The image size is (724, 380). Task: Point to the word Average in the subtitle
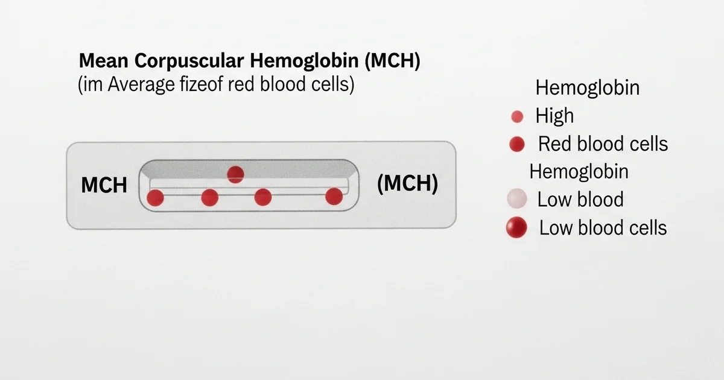click(141, 85)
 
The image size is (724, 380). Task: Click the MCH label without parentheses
click(104, 185)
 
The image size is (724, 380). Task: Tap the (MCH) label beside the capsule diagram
click(407, 183)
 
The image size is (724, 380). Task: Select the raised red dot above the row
click(235, 175)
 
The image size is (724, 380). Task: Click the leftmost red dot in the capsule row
click(156, 197)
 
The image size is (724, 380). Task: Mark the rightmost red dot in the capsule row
click(334, 196)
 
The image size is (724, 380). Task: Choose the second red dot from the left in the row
click(209, 197)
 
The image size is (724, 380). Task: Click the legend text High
click(554, 116)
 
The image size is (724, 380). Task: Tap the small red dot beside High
click(516, 117)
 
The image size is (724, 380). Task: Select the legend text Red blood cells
click(603, 144)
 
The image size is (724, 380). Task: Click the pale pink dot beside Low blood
click(516, 198)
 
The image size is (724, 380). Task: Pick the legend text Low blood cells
click(603, 227)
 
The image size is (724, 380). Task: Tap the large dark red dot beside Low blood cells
click(516, 227)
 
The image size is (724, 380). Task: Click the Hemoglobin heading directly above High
click(587, 88)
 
